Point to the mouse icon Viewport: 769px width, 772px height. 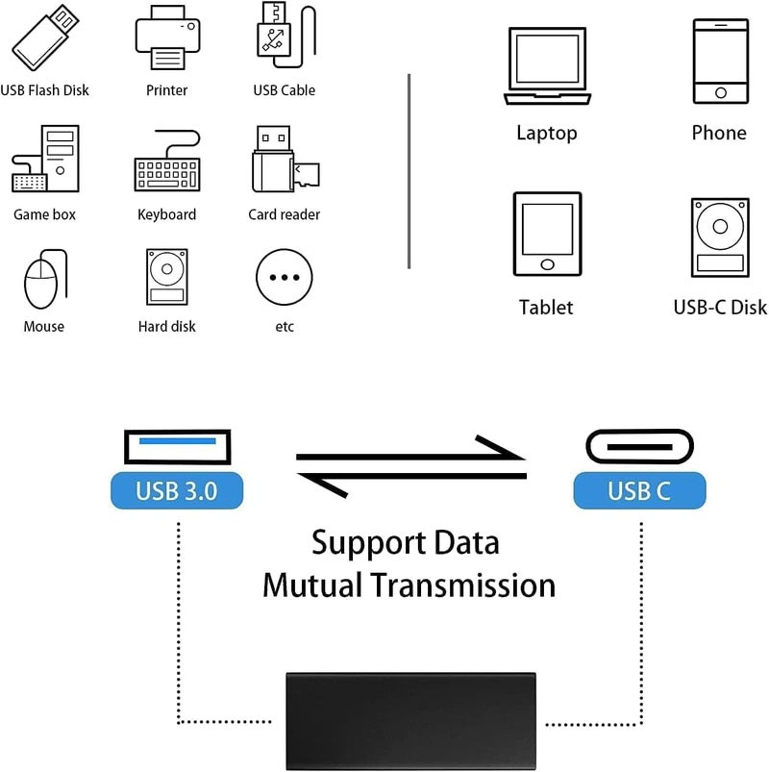[x=41, y=280]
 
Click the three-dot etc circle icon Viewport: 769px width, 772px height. [x=285, y=278]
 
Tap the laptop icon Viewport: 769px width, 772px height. [x=547, y=66]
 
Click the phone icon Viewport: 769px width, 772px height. [x=719, y=62]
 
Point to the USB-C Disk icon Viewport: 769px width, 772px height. [x=719, y=237]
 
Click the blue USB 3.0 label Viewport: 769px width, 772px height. [x=177, y=492]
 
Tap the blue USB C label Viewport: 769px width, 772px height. [x=639, y=492]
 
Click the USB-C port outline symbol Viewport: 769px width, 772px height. [x=639, y=448]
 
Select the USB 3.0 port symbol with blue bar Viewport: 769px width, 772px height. [x=177, y=448]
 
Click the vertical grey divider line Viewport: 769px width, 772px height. [x=409, y=171]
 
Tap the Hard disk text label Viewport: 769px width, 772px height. [x=167, y=327]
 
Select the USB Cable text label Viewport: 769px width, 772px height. [x=285, y=90]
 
